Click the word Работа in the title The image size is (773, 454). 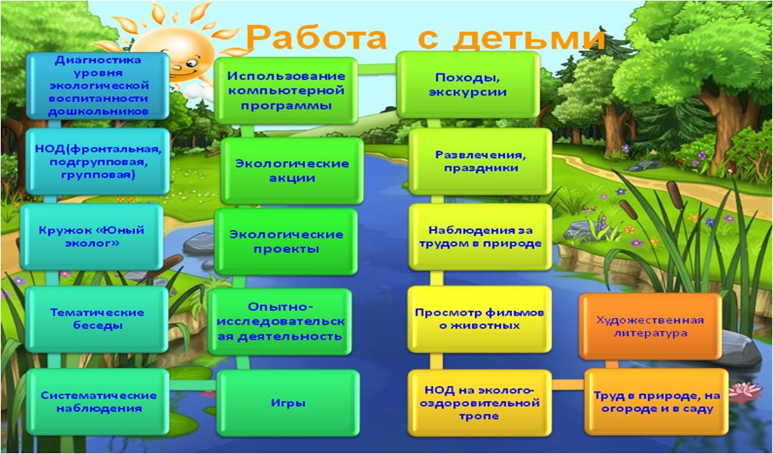tap(315, 37)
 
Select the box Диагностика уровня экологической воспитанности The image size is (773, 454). tap(98, 86)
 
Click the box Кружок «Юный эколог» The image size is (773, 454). tap(92, 237)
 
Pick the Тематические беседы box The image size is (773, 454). tap(97, 319)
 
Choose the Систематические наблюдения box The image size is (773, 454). tap(98, 402)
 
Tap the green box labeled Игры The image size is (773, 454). tap(288, 403)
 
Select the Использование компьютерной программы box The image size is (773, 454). tap(286, 90)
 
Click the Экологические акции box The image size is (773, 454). tap(292, 170)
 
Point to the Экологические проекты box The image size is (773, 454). tap(286, 241)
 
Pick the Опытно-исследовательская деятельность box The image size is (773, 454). tap(280, 322)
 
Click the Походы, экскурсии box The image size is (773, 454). tap(468, 85)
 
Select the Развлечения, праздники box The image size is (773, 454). tap(480, 161)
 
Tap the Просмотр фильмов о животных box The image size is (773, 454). tap(480, 319)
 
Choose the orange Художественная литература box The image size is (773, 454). tap(650, 326)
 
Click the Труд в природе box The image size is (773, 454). tap(657, 402)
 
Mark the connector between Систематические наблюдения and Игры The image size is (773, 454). tap(193, 385)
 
